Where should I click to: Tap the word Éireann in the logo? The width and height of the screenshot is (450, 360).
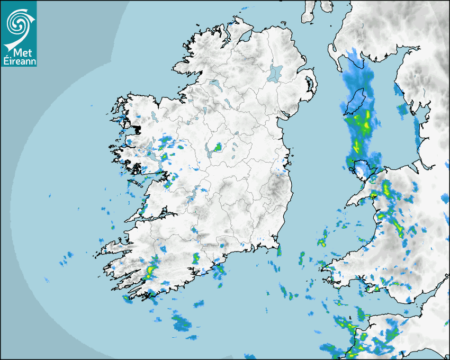point(19,61)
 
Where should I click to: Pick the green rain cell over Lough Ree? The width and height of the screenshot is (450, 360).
point(217,147)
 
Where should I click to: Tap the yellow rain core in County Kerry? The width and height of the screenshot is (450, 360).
point(149,272)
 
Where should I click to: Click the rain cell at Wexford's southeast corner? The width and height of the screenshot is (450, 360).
point(279,250)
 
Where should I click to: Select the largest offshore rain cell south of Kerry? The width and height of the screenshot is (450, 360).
point(182,321)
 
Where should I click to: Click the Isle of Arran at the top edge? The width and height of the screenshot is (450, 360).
point(309,11)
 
